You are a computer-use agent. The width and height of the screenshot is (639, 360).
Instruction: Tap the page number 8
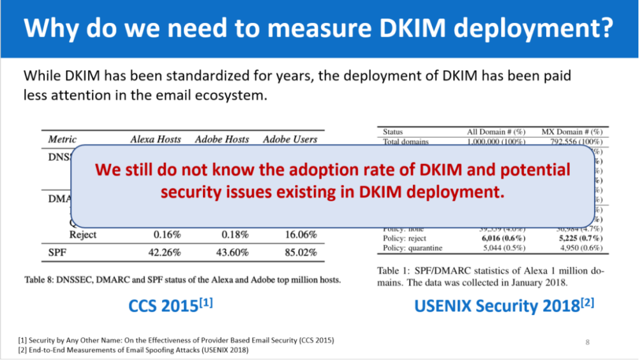588,342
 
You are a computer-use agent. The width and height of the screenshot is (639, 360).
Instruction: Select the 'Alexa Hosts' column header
156,140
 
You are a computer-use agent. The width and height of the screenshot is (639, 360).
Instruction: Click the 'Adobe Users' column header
290,140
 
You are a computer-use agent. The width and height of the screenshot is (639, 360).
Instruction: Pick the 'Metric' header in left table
62,140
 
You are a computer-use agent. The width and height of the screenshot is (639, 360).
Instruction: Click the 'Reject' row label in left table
83,234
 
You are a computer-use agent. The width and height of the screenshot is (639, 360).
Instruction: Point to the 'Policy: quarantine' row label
412,248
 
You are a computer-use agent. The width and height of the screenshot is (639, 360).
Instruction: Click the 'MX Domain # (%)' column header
572,131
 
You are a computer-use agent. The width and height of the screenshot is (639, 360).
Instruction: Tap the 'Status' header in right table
393,131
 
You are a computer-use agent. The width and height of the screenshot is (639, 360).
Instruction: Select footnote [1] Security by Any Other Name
176,340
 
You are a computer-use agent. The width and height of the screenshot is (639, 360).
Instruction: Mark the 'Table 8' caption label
40,279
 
